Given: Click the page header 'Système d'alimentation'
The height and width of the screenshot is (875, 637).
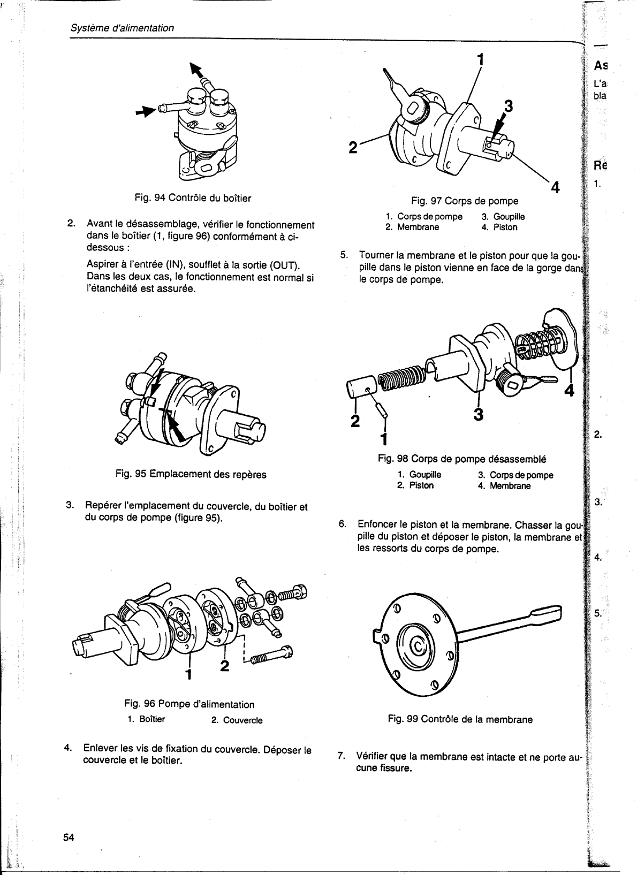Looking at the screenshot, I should pyautogui.click(x=123, y=28).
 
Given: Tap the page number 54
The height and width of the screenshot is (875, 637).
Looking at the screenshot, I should pyautogui.click(x=69, y=838).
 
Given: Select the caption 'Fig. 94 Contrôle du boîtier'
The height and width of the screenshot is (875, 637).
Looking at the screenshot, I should pyautogui.click(x=193, y=198).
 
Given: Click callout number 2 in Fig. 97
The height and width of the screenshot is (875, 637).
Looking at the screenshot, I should pyautogui.click(x=353, y=146).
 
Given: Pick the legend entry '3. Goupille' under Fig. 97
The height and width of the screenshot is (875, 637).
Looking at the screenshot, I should pyautogui.click(x=503, y=217).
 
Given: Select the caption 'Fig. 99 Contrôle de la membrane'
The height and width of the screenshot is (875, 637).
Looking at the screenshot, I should pyautogui.click(x=460, y=719).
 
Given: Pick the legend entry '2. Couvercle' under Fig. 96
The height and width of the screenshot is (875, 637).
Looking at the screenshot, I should pyautogui.click(x=237, y=720).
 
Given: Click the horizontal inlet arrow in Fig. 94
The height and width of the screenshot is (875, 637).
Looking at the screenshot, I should pyautogui.click(x=145, y=111).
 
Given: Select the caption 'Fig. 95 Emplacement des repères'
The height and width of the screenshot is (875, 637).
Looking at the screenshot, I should pyautogui.click(x=191, y=474).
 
